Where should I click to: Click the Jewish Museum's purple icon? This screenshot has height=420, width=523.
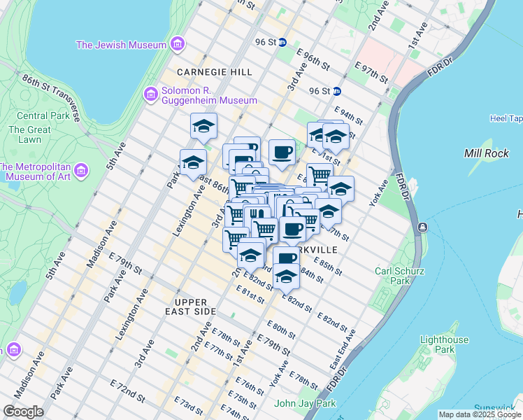177,45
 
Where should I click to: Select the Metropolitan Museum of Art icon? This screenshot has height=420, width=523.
80,171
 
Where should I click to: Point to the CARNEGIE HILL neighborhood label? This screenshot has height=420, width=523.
204,72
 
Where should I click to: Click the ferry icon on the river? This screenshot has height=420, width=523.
422,227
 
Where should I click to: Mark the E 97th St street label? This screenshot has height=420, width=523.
371,72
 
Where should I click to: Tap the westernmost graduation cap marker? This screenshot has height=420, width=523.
192,162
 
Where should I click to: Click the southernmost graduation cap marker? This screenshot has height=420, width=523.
285,278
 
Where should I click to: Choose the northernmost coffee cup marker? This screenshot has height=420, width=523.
282,151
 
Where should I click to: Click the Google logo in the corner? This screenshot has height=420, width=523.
23,412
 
